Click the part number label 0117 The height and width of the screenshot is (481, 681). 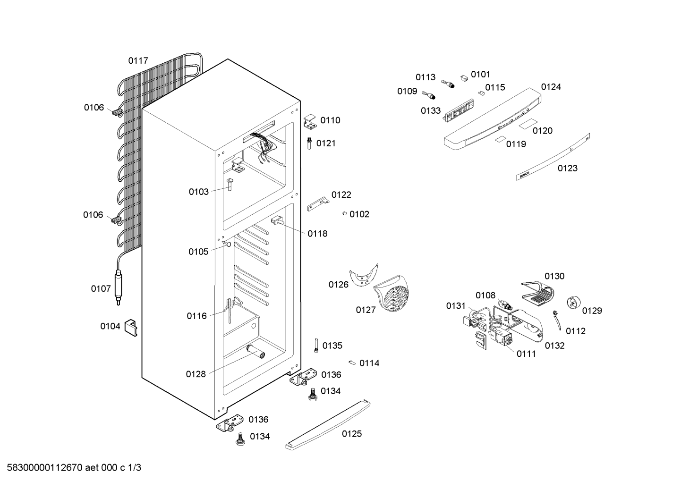tap(138, 61)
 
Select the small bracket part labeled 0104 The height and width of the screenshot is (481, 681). tap(131, 328)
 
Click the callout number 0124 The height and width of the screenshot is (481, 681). tap(551, 87)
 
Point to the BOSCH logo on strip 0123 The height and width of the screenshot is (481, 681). tap(524, 175)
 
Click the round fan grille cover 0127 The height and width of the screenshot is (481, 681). tap(392, 293)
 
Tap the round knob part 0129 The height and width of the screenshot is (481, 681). tap(574, 303)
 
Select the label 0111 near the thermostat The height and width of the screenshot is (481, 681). tap(526, 354)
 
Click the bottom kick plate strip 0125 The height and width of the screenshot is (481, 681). tap(328, 425)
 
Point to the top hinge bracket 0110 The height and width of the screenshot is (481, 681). tap(310, 121)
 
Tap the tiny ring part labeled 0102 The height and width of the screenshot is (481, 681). tap(344, 214)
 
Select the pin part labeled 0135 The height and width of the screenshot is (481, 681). tap(316, 346)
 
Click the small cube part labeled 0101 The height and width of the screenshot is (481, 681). tap(464, 78)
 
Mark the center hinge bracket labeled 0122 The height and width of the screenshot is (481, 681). tap(318, 204)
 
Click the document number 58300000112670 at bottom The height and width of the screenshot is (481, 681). tap(44, 468)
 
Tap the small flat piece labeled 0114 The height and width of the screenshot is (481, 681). tap(352, 363)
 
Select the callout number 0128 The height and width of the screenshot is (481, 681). tap(196, 374)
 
